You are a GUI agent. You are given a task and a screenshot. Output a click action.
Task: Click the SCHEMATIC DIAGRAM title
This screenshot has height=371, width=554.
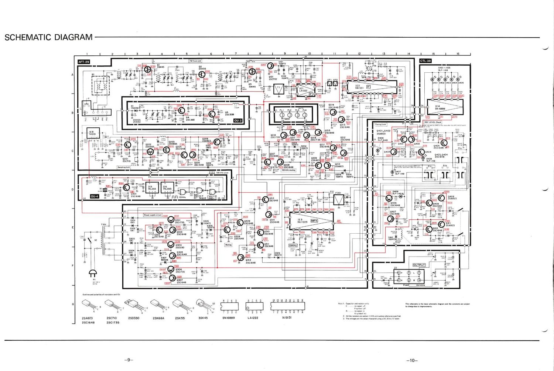[48, 37]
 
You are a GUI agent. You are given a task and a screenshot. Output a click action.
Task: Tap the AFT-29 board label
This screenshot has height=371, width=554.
[84, 62]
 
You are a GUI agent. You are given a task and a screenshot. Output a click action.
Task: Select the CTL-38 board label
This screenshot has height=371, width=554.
[425, 61]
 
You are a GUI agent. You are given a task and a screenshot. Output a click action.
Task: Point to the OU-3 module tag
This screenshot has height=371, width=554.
[238, 121]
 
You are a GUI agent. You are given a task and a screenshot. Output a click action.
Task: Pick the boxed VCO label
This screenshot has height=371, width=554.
[137, 121]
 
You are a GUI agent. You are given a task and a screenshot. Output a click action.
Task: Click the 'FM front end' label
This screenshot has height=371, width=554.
[195, 61]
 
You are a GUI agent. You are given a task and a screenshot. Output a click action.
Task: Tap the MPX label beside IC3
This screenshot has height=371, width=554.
[314, 220]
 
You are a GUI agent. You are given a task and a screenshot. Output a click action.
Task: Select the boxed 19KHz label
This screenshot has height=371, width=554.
[293, 245]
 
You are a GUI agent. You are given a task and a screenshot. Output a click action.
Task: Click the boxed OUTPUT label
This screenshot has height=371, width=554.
[419, 265]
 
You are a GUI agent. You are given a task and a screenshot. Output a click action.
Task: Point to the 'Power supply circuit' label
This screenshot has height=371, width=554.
[153, 215]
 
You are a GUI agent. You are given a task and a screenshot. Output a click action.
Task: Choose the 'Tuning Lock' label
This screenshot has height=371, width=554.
[381, 124]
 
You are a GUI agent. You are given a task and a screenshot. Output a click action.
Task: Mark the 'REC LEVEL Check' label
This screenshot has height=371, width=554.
[432, 122]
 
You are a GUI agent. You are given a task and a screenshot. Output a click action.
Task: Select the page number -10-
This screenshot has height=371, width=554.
[411, 360]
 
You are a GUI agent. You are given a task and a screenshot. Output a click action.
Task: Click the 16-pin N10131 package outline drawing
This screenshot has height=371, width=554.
[288, 306]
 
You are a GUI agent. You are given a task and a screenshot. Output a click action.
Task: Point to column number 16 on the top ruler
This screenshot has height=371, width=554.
[458, 54]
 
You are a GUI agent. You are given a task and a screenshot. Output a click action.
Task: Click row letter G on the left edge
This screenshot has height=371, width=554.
[73, 304]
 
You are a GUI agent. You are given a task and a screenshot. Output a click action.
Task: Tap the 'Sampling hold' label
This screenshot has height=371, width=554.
[124, 167]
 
